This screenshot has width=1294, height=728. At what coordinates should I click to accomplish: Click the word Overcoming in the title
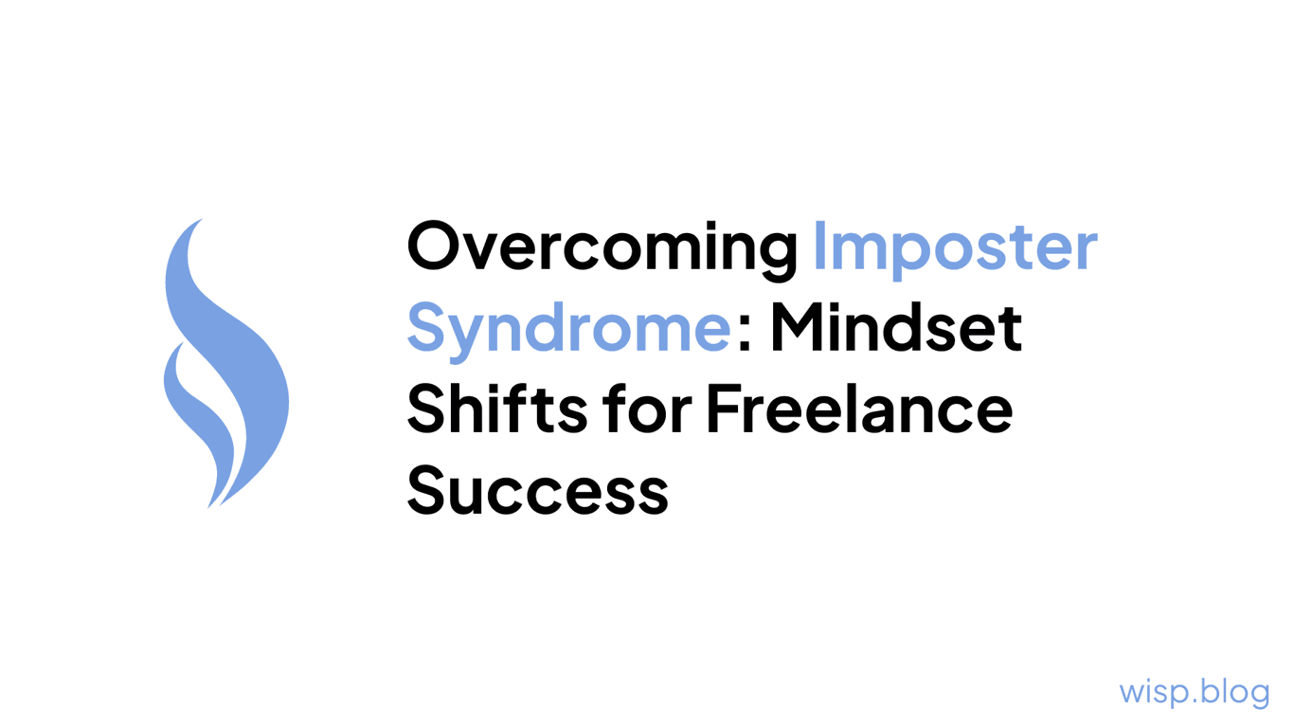[602, 246]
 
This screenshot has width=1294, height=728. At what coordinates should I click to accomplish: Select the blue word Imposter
[955, 246]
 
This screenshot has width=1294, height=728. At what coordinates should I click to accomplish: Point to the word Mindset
[895, 327]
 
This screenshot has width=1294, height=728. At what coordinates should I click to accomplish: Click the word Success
[537, 491]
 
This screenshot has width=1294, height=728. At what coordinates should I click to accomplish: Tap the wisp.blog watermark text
[1194, 691]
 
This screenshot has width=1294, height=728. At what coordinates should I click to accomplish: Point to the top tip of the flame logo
[201, 221]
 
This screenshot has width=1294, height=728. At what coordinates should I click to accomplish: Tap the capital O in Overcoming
[434, 246]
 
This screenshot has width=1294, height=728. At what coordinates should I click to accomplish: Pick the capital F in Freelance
[721, 409]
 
